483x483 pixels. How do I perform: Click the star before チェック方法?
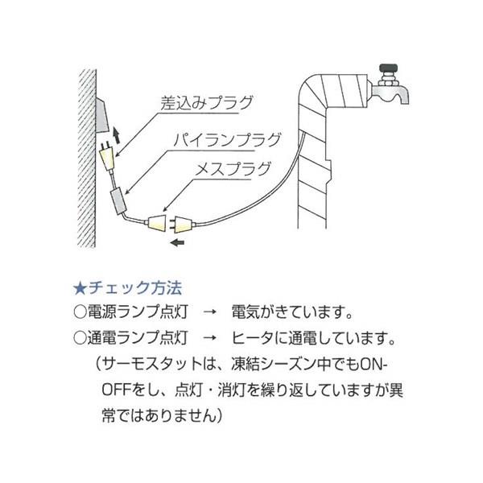coord(79,287)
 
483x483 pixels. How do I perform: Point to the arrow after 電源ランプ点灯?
coord(207,310)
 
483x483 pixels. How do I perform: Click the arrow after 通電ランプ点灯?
coord(207,334)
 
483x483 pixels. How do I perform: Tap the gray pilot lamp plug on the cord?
coord(118,197)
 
